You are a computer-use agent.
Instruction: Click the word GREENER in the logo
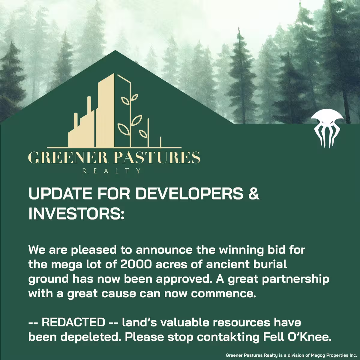click(x=67, y=157)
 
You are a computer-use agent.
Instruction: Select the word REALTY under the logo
click(x=112, y=171)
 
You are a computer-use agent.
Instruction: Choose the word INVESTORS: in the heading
click(x=76, y=213)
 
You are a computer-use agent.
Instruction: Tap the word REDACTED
click(x=73, y=322)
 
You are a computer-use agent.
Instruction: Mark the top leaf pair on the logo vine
click(x=130, y=99)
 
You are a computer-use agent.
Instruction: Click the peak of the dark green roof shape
click(x=115, y=51)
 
